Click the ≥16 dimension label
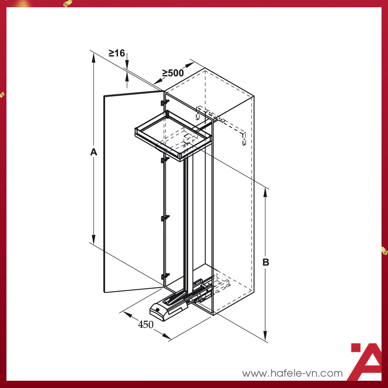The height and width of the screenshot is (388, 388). tap(117, 53)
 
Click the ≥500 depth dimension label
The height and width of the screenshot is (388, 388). tap(173, 73)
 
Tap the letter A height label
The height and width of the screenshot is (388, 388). tap(93, 152)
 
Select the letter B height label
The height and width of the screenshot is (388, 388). tap(266, 262)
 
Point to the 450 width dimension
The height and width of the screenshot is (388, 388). tap(146, 325)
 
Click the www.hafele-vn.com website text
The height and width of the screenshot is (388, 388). tap(292, 373)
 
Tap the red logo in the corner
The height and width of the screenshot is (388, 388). tap(366, 361)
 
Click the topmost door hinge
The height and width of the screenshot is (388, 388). tap(165, 102)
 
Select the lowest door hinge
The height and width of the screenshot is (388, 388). tap(165, 276)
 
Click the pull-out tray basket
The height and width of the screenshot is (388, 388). tap(173, 135)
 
